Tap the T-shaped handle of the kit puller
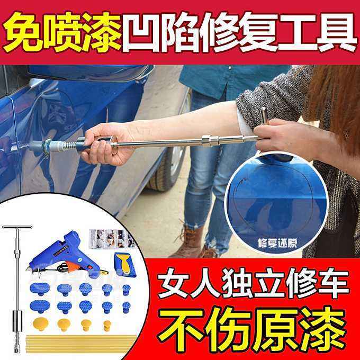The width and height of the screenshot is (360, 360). (17, 228)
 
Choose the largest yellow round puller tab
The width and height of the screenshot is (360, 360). (40, 323)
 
